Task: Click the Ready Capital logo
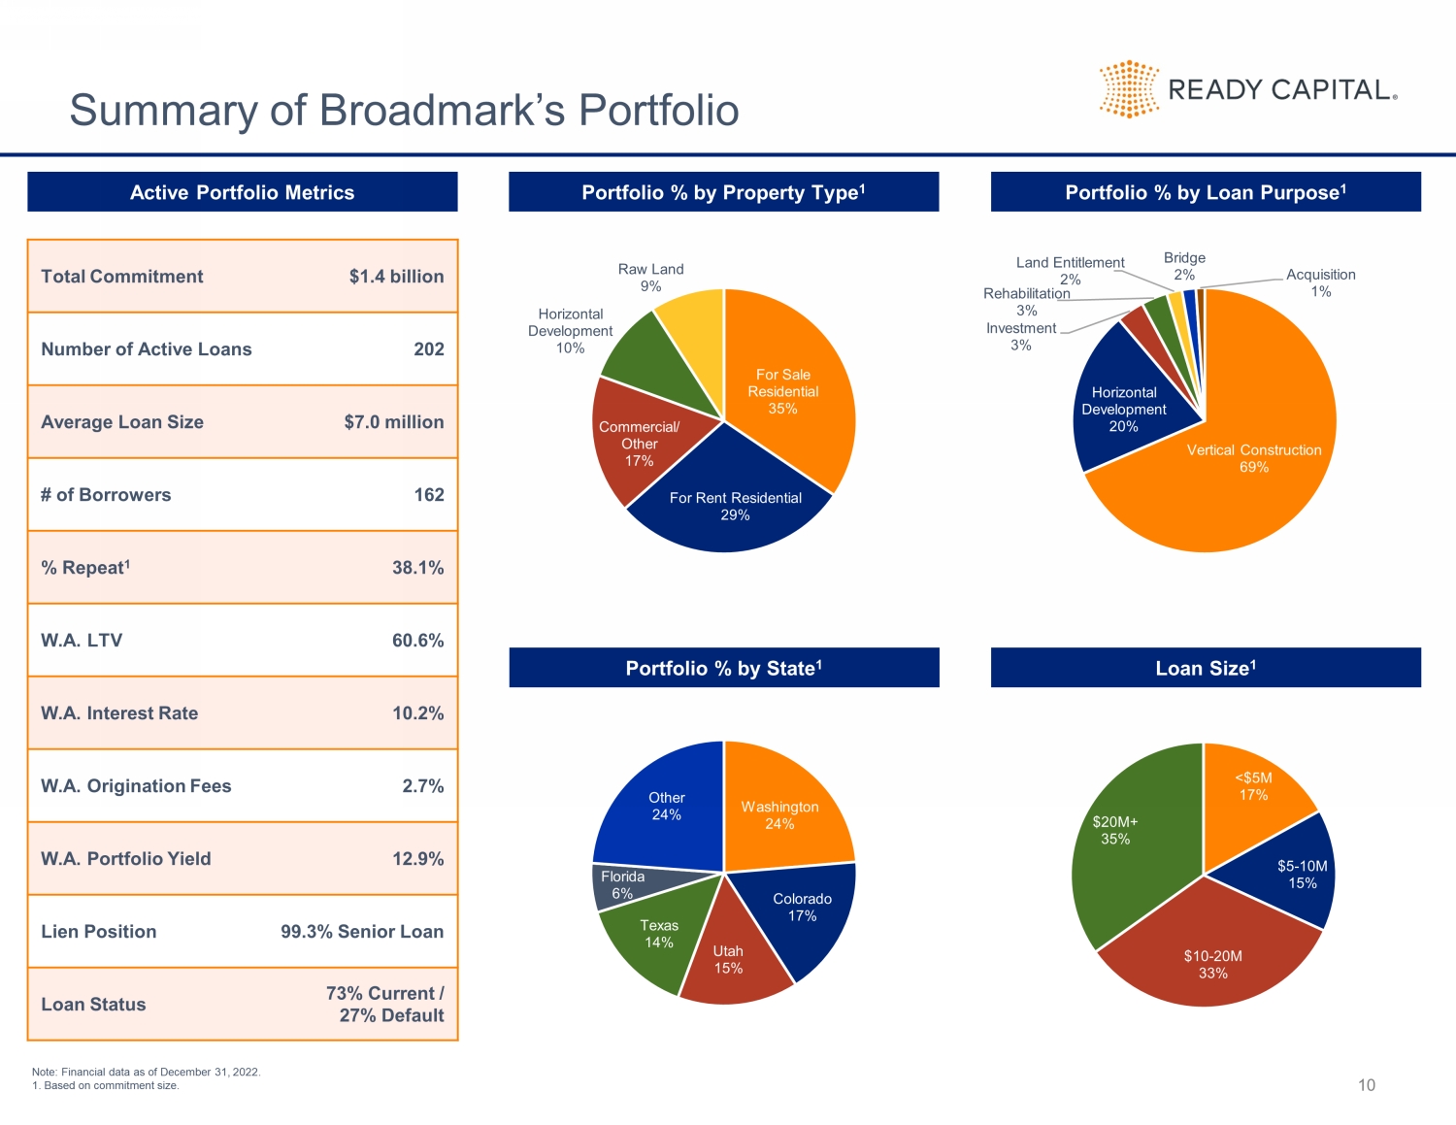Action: (x=1248, y=89)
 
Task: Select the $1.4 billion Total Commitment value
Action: (x=396, y=277)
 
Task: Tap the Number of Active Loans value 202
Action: (x=428, y=349)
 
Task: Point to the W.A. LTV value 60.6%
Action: (x=417, y=641)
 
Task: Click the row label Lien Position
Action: (x=98, y=932)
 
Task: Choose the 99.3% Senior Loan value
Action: (x=362, y=932)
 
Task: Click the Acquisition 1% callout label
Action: (x=1320, y=282)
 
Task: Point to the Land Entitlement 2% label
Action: (x=1070, y=271)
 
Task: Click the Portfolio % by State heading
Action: (x=723, y=668)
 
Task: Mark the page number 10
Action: (x=1366, y=1085)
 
